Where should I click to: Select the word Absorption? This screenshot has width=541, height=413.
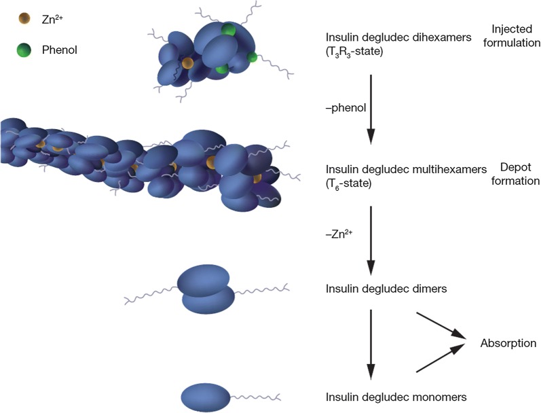click(x=508, y=343)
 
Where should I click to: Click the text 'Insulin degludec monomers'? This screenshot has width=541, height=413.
click(x=396, y=396)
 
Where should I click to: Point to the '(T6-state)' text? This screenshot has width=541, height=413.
click(x=350, y=181)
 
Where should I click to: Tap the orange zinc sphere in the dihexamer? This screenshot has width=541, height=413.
click(x=187, y=64)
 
